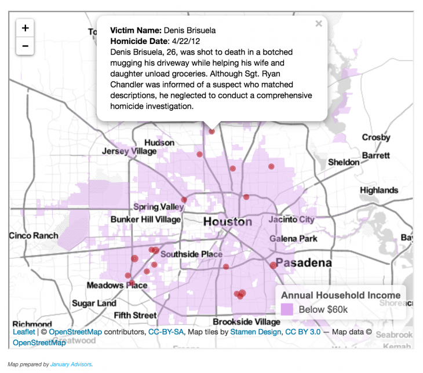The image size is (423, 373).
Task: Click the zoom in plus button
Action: pos(25,28)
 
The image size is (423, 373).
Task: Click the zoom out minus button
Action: pos(25,46)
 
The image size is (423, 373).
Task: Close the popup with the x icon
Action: pos(318,24)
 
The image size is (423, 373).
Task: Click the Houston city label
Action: pos(227,222)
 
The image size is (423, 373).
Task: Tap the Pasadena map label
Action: pos(304,263)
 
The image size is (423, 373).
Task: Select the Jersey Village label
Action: pos(129,151)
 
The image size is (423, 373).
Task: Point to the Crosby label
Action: pos(376,137)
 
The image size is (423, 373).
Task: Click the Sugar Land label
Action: pos(94,303)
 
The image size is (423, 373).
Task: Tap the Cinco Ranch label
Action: pos(34,236)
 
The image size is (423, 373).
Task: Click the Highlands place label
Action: pos(379,190)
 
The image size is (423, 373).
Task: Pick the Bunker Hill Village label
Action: pos(146,220)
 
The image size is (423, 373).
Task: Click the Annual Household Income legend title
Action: pos(340,295)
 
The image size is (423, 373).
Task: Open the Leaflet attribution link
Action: pos(24,332)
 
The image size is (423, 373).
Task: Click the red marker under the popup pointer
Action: pos(212,131)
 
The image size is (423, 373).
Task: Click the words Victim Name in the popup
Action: pos(136,30)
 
